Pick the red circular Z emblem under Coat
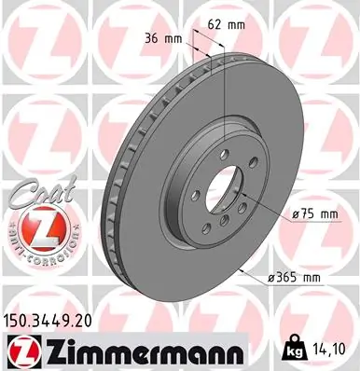(37, 227)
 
